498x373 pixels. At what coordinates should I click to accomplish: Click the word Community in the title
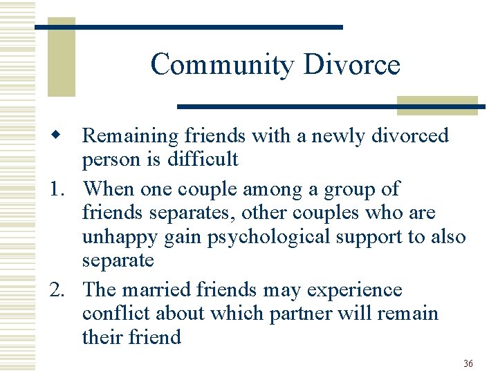221,65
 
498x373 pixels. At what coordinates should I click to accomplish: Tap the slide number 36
468,363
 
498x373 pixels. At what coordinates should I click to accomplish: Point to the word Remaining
130,136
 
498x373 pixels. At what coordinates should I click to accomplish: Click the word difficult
203,160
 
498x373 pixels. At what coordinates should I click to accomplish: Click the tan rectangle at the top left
61,59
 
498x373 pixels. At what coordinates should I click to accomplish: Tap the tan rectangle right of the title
437,104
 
